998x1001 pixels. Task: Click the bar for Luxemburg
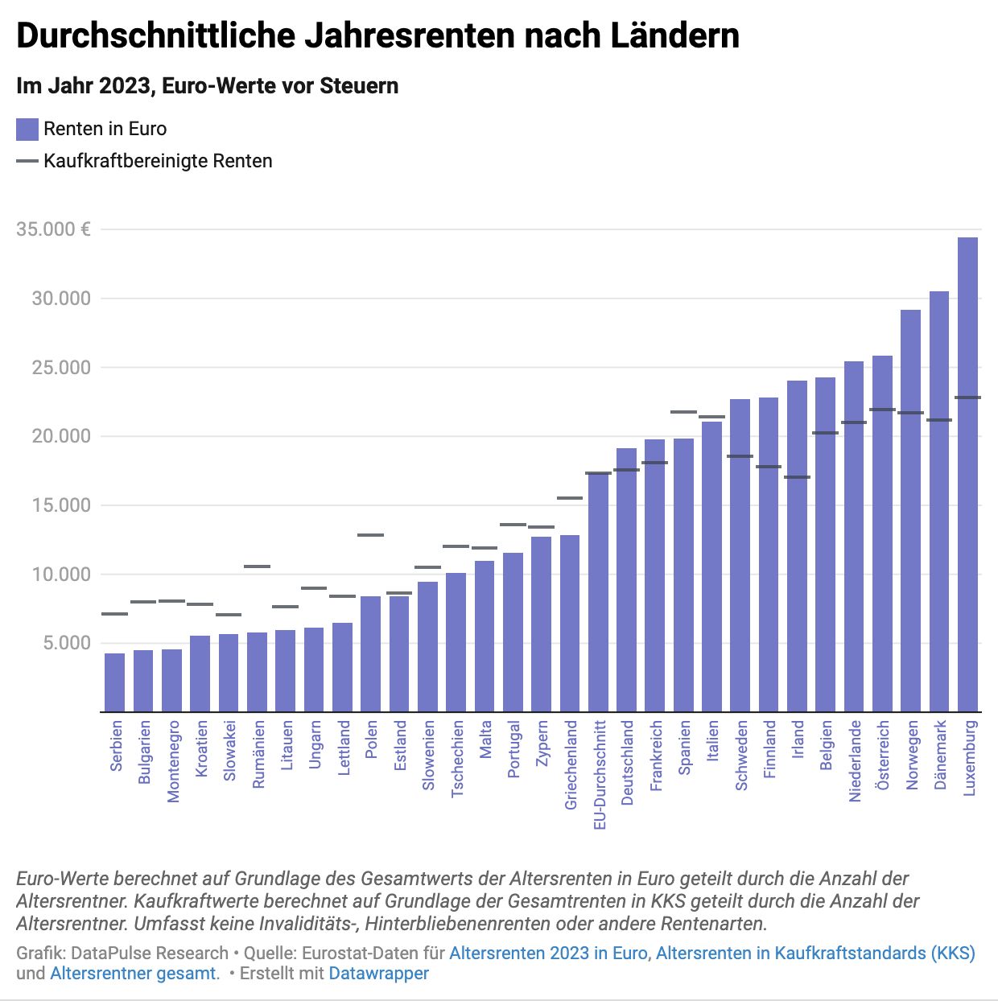pyautogui.click(x=967, y=475)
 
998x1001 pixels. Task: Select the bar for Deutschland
pyautogui.click(x=626, y=579)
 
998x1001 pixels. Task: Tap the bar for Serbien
pyautogui.click(x=114, y=682)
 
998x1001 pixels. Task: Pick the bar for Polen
pyautogui.click(x=370, y=653)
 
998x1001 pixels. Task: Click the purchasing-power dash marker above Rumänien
pyautogui.click(x=257, y=566)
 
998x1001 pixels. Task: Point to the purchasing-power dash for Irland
pyautogui.click(x=797, y=477)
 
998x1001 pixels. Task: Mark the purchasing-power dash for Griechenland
pyautogui.click(x=570, y=498)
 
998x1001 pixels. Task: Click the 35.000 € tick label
pyautogui.click(x=53, y=229)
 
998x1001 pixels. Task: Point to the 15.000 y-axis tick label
pyautogui.click(x=61, y=505)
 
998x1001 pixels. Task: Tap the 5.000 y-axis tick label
pyautogui.click(x=67, y=643)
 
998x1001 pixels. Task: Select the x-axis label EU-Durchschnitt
pyautogui.click(x=599, y=775)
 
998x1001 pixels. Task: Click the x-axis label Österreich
pyautogui.click(x=883, y=755)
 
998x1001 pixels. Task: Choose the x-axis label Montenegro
pyautogui.click(x=173, y=761)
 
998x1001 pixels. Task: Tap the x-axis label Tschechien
pyautogui.click(x=457, y=758)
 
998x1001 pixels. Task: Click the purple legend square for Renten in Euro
pyautogui.click(x=27, y=130)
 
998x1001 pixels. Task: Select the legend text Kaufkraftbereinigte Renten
pyautogui.click(x=158, y=161)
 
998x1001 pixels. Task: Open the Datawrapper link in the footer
pyautogui.click(x=378, y=974)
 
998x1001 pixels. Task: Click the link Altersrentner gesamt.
pyautogui.click(x=134, y=974)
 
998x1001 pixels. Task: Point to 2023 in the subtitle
pyautogui.click(x=125, y=86)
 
